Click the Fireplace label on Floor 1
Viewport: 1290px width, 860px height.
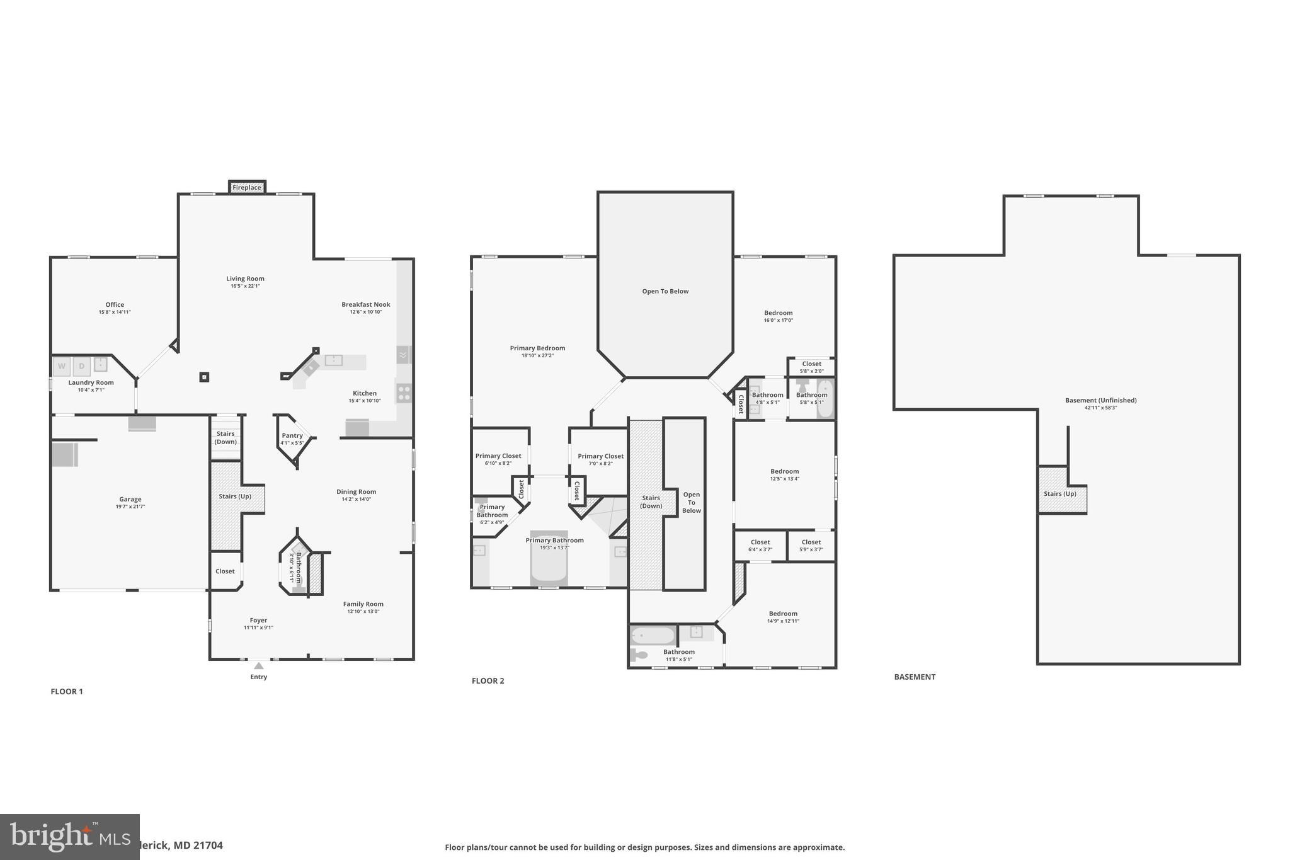(247, 188)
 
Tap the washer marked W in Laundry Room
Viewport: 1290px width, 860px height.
(62, 366)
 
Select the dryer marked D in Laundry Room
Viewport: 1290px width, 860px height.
(81, 366)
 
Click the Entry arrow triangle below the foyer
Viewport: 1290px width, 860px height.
(258, 666)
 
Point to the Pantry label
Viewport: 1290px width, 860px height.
(292, 435)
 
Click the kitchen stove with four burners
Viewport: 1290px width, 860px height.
(404, 394)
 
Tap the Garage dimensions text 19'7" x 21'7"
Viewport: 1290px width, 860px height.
(130, 507)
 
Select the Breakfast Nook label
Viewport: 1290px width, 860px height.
(366, 304)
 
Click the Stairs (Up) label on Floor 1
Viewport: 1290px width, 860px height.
(235, 496)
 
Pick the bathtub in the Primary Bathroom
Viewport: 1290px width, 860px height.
(549, 558)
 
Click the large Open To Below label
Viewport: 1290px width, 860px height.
(665, 291)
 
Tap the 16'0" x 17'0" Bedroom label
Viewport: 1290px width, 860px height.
(779, 316)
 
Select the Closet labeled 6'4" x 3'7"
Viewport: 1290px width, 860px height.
(760, 546)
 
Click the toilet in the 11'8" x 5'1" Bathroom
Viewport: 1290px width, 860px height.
(639, 655)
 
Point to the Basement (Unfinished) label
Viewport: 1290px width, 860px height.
(1100, 400)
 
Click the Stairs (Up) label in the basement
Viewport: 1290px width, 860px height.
(1060, 493)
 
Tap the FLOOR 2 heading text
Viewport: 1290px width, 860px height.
(488, 681)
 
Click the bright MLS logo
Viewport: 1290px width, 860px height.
(69, 837)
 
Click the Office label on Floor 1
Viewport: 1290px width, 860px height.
(115, 304)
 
